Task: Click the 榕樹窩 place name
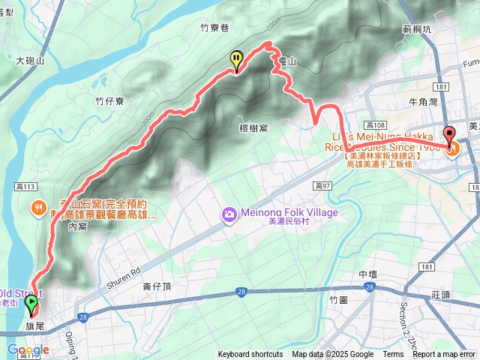253,128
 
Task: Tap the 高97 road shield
324,185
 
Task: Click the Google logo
28,349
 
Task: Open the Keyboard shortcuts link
250,355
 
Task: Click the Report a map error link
444,355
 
